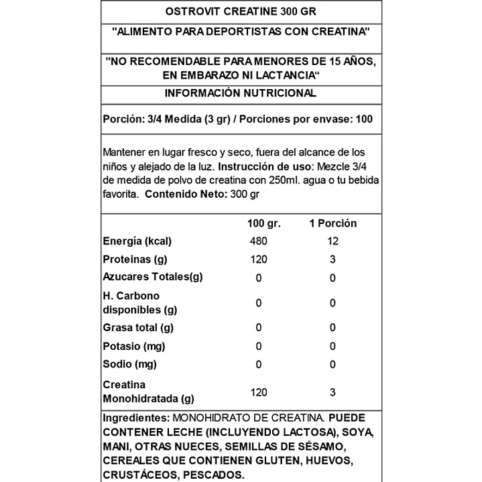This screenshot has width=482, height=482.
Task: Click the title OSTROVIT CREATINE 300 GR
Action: pyautogui.click(x=241, y=11)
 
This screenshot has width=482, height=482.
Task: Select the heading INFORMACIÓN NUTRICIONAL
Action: pyautogui.click(x=241, y=93)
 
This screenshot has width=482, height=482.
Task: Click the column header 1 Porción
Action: pyautogui.click(x=333, y=223)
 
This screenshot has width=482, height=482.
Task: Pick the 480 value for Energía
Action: pyautogui.click(x=259, y=241)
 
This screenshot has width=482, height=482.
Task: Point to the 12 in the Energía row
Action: pyautogui.click(x=333, y=241)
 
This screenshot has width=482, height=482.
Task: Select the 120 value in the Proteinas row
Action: pyautogui.click(x=259, y=259)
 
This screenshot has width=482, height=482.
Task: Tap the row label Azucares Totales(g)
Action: pyautogui.click(x=152, y=277)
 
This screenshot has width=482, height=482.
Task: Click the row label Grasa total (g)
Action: pyautogui.click(x=138, y=327)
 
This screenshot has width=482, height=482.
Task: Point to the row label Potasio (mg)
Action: pyautogui.click(x=133, y=346)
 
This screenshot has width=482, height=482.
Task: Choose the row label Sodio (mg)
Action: pyautogui.click(x=129, y=364)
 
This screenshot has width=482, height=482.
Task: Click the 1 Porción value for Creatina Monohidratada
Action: pyautogui.click(x=333, y=392)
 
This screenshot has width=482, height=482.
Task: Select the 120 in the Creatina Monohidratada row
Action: pyautogui.click(x=259, y=392)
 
